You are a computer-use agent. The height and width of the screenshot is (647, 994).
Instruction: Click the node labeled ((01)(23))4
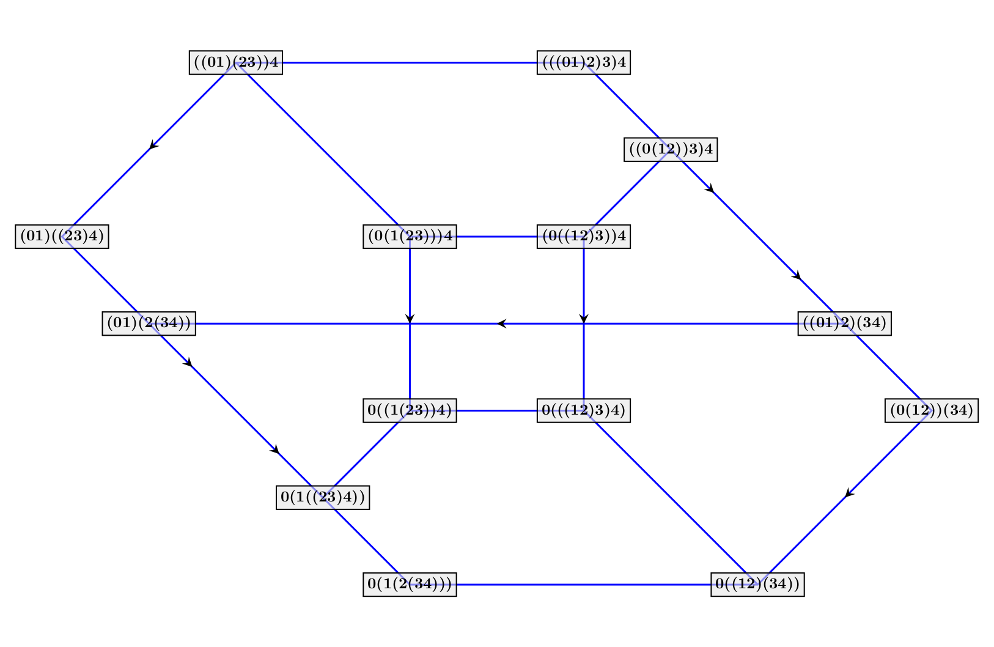[235, 62]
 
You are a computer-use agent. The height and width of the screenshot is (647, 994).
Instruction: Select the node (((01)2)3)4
[584, 62]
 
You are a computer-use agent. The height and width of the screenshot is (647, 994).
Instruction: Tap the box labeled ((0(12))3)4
[671, 150]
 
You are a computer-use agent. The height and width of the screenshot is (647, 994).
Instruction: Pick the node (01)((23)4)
[62, 237]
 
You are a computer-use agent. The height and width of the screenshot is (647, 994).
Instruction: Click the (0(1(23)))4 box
[410, 237]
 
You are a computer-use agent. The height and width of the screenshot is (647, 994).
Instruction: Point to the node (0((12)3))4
[584, 237]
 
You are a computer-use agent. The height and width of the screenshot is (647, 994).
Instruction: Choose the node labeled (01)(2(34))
[149, 323]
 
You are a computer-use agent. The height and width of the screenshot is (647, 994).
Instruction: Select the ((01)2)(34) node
[844, 323]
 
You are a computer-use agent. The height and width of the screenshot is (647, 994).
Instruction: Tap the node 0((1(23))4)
[410, 410]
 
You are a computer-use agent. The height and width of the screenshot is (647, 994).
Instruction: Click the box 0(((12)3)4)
[584, 410]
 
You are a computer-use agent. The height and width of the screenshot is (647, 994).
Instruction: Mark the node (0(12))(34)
[932, 410]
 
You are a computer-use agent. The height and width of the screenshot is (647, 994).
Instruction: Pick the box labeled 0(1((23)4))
[323, 497]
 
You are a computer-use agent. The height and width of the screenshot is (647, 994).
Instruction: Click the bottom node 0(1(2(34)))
[410, 585]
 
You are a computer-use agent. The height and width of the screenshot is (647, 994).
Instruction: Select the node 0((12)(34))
[757, 585]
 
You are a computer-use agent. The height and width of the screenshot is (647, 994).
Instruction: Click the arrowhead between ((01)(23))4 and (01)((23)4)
[153, 145]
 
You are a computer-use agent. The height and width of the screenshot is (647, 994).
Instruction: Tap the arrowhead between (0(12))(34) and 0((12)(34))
[849, 493]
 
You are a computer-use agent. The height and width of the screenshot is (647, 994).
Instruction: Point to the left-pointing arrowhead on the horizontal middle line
[501, 323]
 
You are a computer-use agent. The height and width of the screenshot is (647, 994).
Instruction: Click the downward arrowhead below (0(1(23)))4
[410, 319]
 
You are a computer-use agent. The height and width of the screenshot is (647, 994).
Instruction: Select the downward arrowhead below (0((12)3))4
[584, 319]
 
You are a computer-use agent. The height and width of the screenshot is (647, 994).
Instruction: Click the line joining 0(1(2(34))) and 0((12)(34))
[584, 585]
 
